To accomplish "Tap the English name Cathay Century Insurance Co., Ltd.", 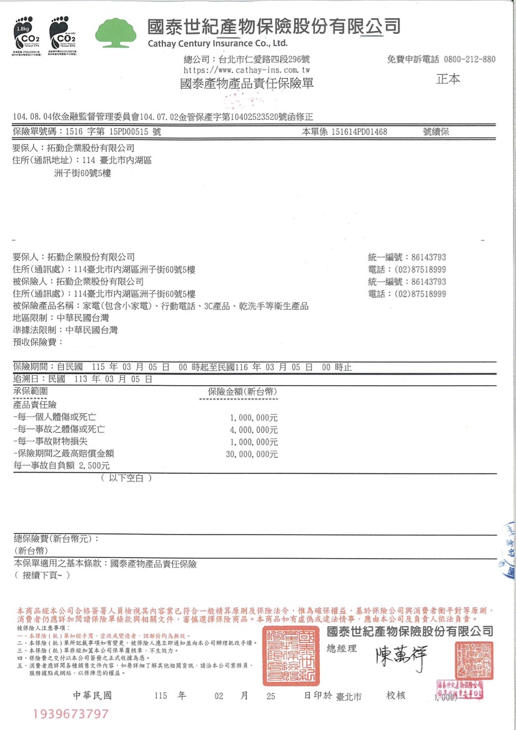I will [217, 43].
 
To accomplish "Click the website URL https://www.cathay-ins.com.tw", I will [244, 71].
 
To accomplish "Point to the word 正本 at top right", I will [447, 79].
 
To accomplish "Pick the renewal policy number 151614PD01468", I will [359, 132].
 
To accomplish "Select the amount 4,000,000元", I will [254, 430].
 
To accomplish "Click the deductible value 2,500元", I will [94, 466].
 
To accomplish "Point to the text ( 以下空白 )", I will [126, 478].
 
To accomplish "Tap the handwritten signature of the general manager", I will [400, 659].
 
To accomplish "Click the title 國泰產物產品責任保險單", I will [246, 84].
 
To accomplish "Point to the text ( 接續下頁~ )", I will [42, 575].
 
